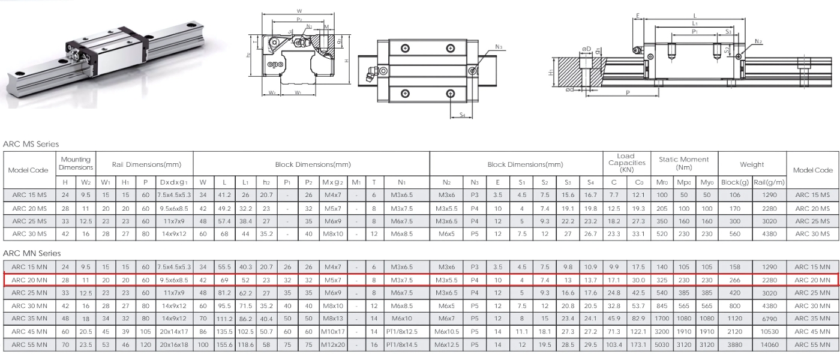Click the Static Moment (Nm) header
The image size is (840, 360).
click(x=683, y=162)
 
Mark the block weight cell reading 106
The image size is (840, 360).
click(x=736, y=193)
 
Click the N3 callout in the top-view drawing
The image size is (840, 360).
click(x=500, y=46)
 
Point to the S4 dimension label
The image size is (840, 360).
click(x=462, y=114)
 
